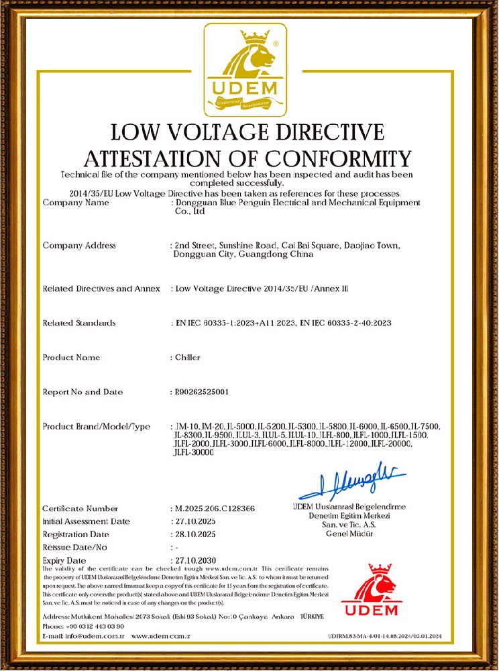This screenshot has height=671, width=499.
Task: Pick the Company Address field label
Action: (x=79, y=246)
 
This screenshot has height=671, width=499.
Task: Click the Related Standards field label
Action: (x=79, y=323)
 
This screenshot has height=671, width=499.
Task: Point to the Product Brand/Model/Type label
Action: (x=97, y=427)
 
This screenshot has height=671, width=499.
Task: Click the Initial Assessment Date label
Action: (x=87, y=521)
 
